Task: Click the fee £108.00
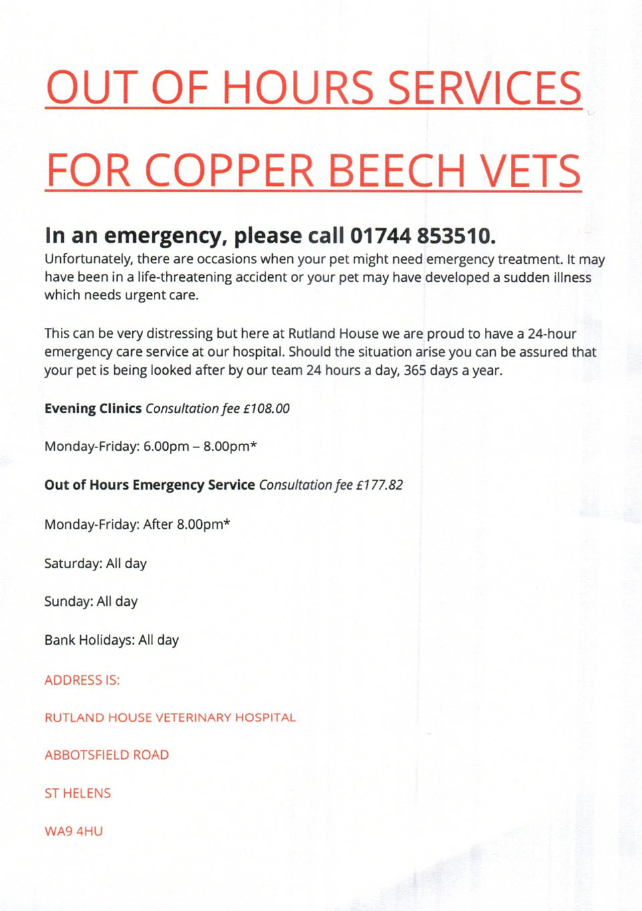266,409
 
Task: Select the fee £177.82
379,485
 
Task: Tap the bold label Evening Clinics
93,409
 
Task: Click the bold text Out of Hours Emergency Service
149,485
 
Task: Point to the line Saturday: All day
96,564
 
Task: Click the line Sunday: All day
91,602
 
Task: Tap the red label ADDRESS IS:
82,681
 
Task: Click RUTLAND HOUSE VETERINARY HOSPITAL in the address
170,718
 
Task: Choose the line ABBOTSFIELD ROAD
106,755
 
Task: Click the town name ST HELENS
78,793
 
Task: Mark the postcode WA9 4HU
74,832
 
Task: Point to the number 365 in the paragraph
415,371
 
